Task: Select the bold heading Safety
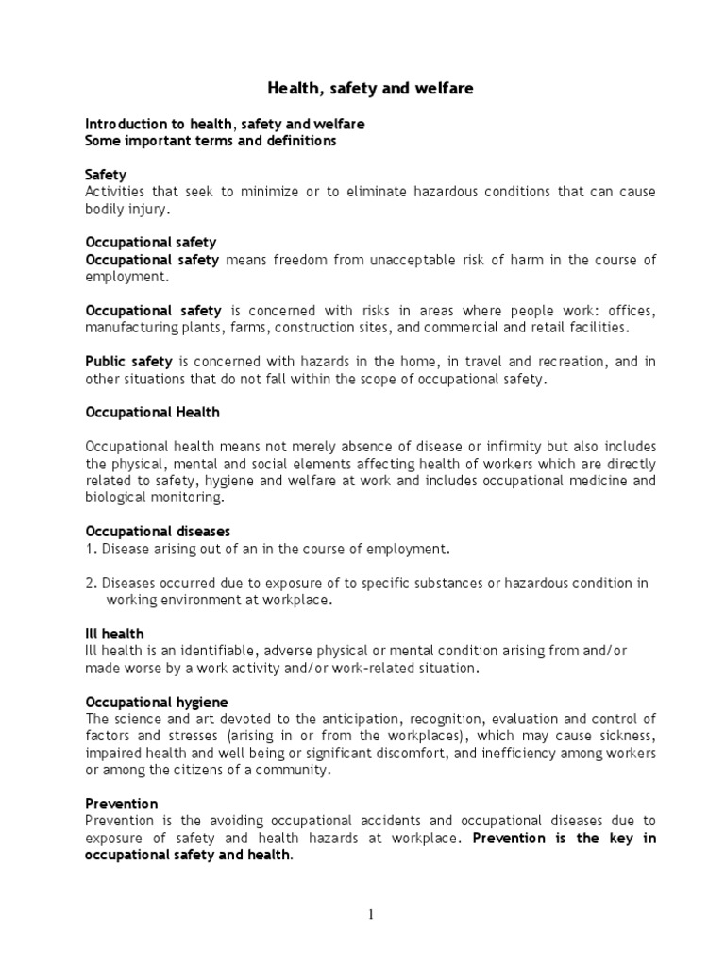(x=106, y=176)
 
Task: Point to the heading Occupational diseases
(x=158, y=532)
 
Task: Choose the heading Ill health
(x=114, y=634)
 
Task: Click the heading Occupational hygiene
(x=157, y=703)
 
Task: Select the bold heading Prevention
(x=121, y=805)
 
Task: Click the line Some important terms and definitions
(x=211, y=141)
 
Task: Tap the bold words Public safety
(x=129, y=362)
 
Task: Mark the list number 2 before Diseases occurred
(x=90, y=583)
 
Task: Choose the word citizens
(x=193, y=770)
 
